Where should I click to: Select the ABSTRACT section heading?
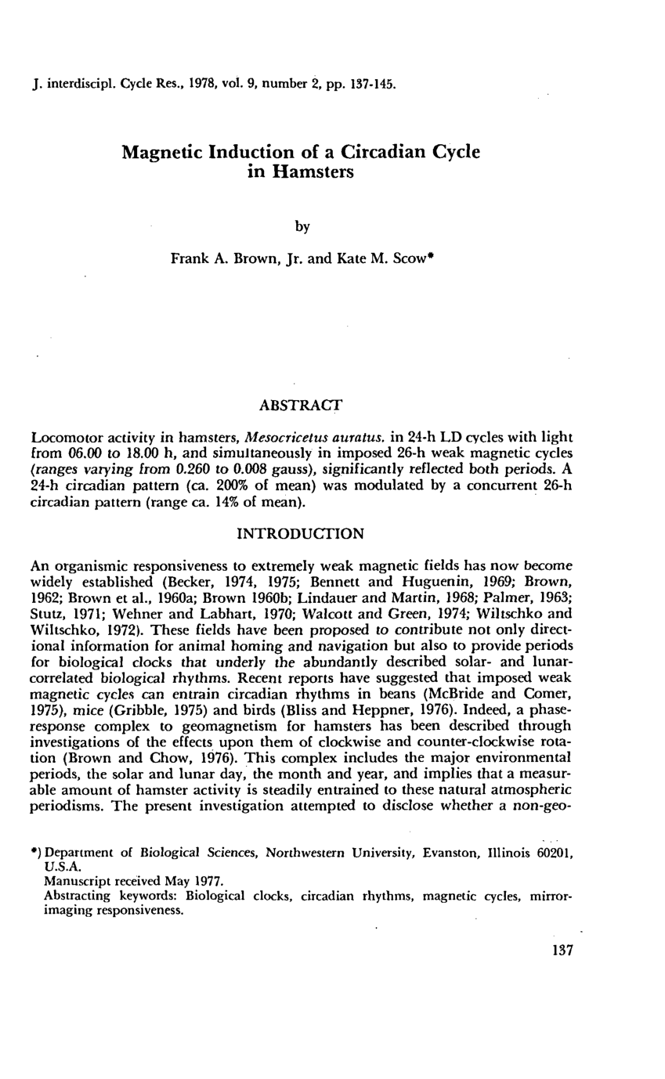(x=301, y=406)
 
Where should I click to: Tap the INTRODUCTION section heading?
(x=300, y=534)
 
